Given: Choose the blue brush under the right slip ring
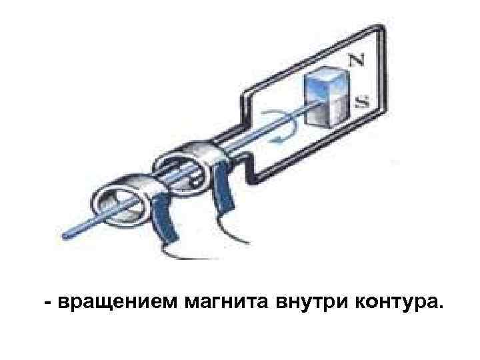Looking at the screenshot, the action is point(223,193).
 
